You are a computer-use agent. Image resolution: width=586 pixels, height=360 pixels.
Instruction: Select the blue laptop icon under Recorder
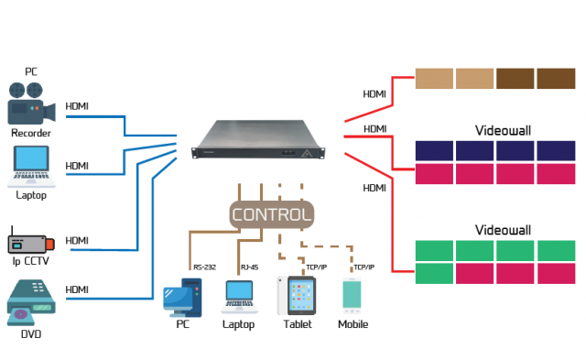coord(31,166)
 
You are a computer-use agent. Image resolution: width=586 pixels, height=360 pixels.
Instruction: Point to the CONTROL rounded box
coord(272,214)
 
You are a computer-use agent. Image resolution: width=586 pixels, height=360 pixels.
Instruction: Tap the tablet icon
coord(298,295)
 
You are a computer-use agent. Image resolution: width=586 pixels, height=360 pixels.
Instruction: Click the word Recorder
coord(31,133)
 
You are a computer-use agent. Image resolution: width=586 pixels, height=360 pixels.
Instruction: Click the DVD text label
coord(31,334)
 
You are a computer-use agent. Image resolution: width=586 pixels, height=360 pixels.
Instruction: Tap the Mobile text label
coord(353,324)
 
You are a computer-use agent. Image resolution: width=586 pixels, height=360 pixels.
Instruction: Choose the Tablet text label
coord(298,324)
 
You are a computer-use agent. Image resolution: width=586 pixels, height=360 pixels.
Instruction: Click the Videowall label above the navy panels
coord(495,130)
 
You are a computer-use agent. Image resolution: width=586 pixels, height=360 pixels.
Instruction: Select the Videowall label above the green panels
coord(495,228)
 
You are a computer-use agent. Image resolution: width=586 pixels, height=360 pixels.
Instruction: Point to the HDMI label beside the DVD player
coord(78,289)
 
